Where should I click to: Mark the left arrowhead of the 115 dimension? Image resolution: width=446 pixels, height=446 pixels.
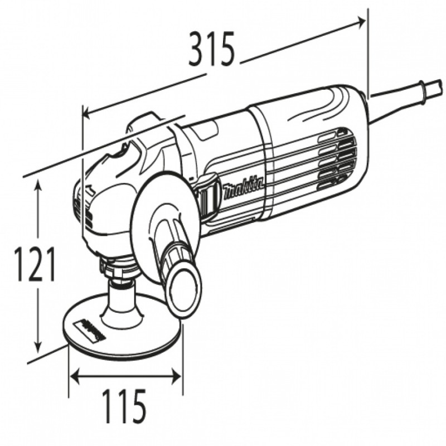(73, 376)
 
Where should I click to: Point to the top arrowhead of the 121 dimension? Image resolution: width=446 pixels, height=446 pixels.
(38, 183)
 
